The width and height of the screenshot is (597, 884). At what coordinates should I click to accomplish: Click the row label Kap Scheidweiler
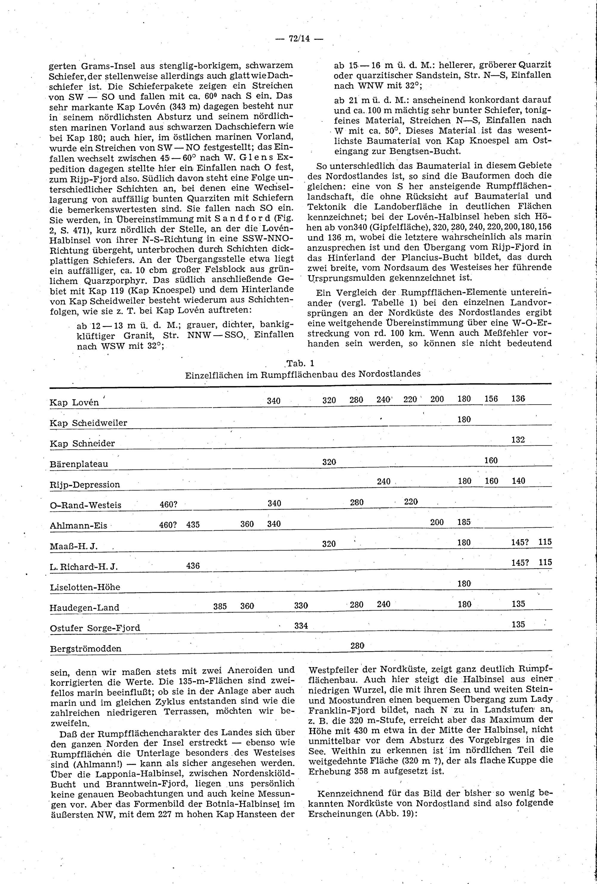pos(88,423)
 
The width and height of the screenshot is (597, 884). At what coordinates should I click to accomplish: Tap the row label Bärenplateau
pos(79,464)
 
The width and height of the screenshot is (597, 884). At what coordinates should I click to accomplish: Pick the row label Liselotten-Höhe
pos(85,587)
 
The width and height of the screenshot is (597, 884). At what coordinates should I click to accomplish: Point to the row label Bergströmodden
pos(86,648)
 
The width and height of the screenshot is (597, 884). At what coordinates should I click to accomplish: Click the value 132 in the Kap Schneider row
pos(518,440)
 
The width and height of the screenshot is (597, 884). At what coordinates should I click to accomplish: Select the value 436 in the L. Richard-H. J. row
pos(193,566)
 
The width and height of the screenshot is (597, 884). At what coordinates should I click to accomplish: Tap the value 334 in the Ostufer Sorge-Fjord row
pos(301,625)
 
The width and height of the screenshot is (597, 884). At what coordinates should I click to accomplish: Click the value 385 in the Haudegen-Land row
pos(220,607)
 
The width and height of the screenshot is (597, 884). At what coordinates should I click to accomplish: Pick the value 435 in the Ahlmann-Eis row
pos(193,525)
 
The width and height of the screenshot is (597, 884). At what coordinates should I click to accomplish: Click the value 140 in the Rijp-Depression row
pos(518,481)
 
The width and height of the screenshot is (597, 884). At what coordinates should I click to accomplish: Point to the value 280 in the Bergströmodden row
pos(357,645)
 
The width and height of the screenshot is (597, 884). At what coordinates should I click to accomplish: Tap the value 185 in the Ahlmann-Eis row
pos(464,522)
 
